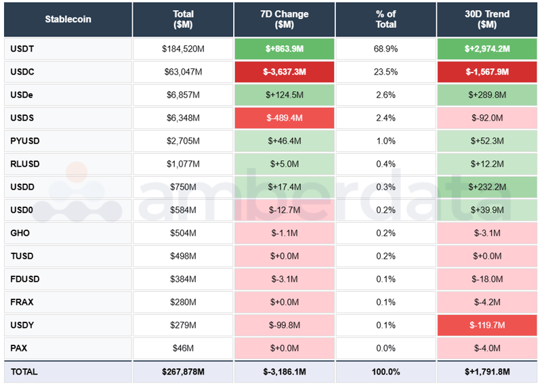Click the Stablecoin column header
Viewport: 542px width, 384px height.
[x=68, y=19]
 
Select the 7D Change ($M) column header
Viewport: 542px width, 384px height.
[x=285, y=19]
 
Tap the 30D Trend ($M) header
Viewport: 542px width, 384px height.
[x=487, y=19]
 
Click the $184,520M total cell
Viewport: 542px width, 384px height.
[x=183, y=49]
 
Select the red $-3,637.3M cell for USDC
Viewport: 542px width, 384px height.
[x=285, y=72]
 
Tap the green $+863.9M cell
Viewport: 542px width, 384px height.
[x=285, y=49]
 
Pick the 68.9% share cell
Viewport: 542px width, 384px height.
[x=386, y=49]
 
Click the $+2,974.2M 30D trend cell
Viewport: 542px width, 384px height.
[x=487, y=49]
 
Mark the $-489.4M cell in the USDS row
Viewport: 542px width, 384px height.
[x=285, y=118]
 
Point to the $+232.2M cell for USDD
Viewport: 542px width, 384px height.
[x=487, y=187]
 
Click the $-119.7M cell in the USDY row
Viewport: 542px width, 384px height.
[x=487, y=325]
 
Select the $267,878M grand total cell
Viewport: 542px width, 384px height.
[x=183, y=372]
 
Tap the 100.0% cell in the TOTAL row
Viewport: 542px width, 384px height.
[x=386, y=372]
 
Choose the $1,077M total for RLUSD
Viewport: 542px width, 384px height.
[x=183, y=164]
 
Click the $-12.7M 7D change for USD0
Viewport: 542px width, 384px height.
[x=285, y=210]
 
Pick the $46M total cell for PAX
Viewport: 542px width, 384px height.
[x=183, y=348]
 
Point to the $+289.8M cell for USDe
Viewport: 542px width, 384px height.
[x=487, y=95]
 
